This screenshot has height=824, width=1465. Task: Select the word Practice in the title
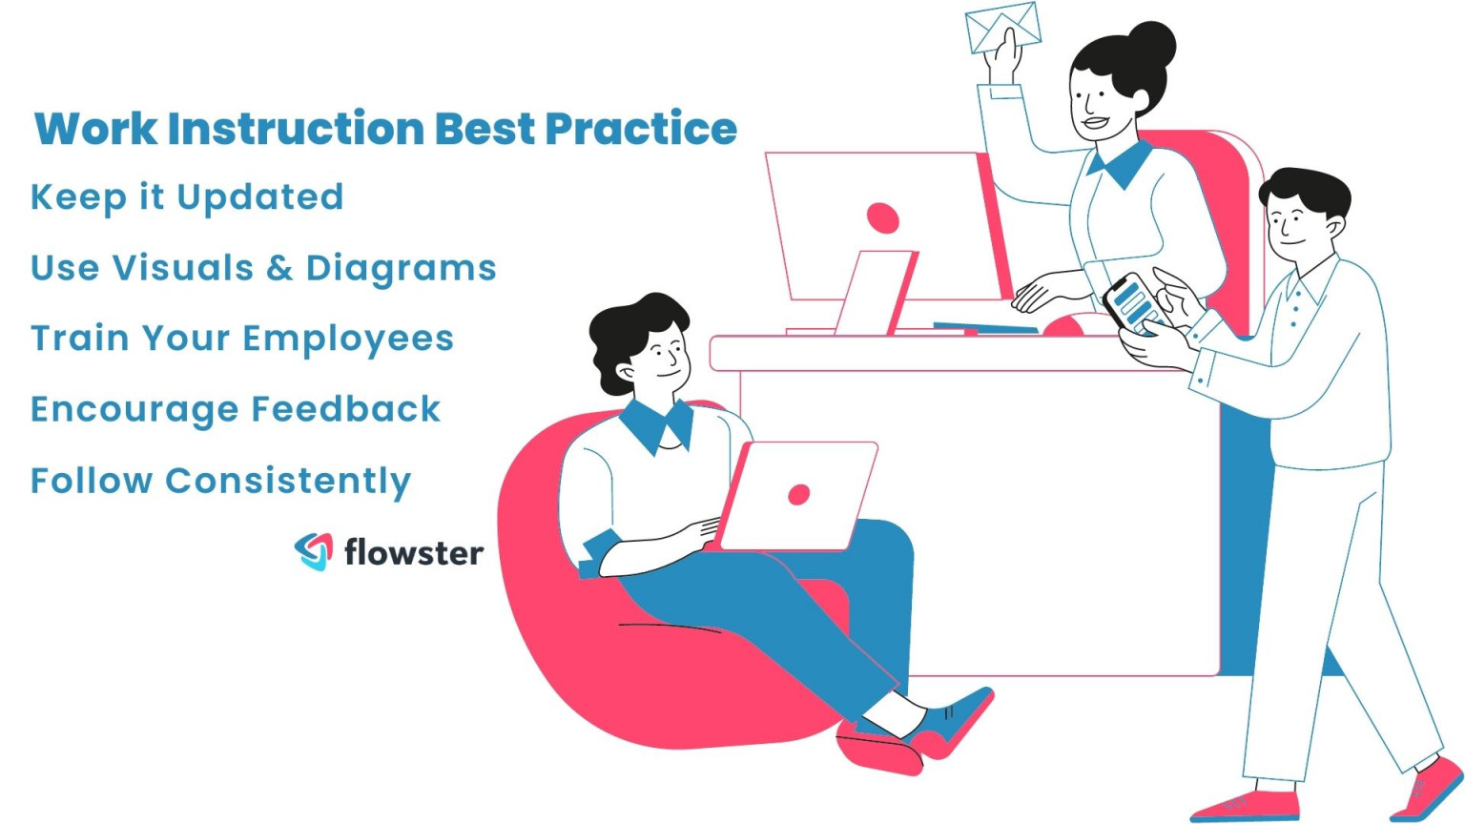[640, 129]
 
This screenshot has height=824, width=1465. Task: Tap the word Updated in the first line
[259, 197]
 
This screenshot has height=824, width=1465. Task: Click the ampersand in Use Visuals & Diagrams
[279, 269]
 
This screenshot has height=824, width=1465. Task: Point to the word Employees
[347, 340]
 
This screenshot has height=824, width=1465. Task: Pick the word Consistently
[287, 481]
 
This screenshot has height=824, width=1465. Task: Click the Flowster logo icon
[314, 551]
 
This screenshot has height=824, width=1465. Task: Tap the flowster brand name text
[413, 552]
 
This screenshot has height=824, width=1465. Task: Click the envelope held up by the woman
[1001, 27]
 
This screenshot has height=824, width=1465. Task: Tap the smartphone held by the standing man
[1133, 304]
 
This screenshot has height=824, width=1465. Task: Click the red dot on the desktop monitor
[882, 217]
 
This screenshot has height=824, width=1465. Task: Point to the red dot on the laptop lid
[799, 494]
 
